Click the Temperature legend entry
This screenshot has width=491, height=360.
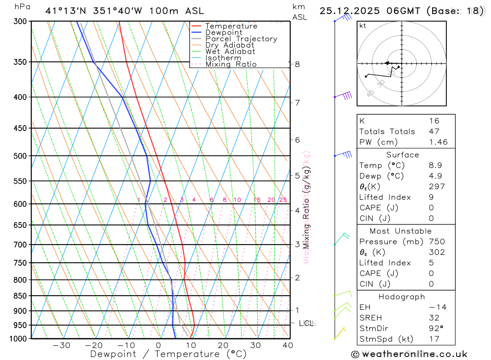coord(231,26)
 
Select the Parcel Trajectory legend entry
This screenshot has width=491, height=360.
coord(241,39)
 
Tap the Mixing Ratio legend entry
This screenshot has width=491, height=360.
coord(231,64)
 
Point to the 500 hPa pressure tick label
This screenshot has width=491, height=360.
coord(19,156)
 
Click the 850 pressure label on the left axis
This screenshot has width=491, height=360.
coord(19,296)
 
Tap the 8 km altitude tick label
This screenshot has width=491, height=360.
coord(297,64)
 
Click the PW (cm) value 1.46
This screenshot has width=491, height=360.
coord(438,142)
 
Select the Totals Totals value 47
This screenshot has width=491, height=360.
coord(434,132)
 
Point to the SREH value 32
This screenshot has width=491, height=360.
coord(434,318)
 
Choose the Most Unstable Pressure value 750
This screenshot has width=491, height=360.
coord(436,242)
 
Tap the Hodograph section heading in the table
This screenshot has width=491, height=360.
coord(402,297)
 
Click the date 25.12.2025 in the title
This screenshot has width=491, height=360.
coord(350,11)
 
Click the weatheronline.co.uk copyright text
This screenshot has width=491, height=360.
coord(409,354)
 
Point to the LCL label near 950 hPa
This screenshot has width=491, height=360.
coord(306,323)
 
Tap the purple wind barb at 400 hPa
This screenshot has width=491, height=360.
coord(346,95)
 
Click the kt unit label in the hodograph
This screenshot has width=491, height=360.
coord(362,26)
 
